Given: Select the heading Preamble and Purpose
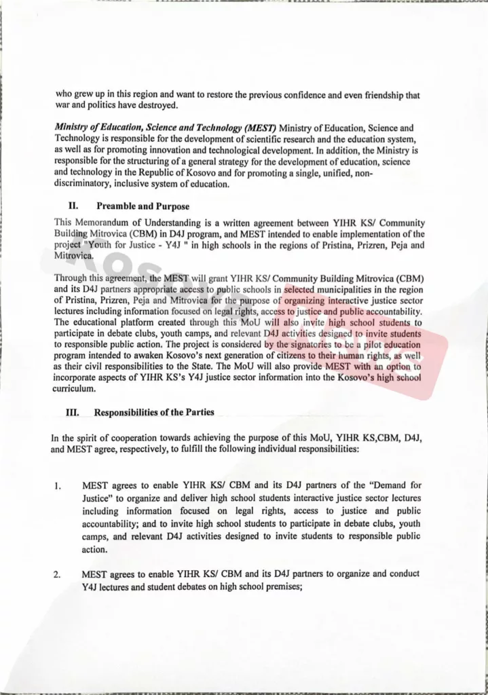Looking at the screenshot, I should click(143, 206).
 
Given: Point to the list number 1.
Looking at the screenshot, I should click(58, 486).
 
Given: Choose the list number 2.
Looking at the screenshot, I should click(58, 576).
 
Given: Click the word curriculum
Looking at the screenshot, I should click(76, 390).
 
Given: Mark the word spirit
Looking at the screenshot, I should click(90, 438).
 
